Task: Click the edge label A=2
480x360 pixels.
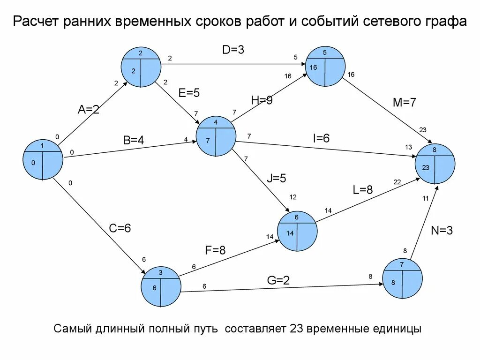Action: point(89,110)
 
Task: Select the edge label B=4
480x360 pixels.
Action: point(134,140)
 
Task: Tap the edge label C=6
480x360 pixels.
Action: point(120,228)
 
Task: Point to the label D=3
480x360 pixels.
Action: point(233,49)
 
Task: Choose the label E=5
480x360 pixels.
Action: point(189,93)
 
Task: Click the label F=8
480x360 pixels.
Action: point(215,250)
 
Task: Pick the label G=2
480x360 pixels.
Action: point(278,280)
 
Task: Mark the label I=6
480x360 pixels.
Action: point(322,138)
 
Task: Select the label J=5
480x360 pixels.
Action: point(277,178)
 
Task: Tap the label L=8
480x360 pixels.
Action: point(362,190)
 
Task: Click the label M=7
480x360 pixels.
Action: point(405,103)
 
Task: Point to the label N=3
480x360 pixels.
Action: point(442,230)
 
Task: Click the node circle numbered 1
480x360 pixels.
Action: point(43,159)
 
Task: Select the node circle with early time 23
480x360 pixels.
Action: point(435,164)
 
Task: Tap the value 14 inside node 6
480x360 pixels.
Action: point(290,233)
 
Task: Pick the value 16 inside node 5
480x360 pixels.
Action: point(313,67)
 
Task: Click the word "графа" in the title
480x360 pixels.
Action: point(445,22)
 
